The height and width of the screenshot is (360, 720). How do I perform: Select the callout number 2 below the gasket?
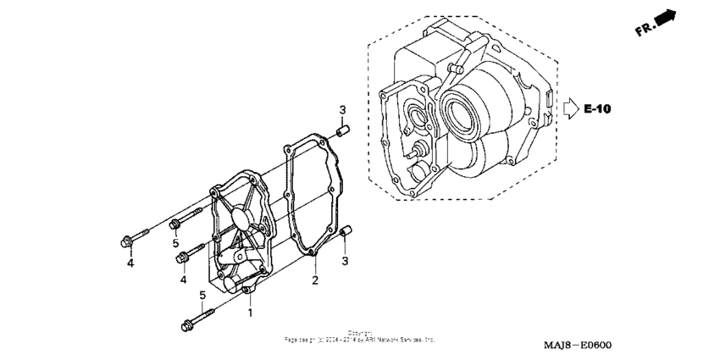(314, 280)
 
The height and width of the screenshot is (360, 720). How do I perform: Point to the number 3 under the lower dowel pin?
(345, 260)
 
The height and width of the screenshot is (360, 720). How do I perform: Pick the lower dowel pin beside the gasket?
(345, 233)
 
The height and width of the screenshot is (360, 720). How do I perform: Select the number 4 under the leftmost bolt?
(130, 263)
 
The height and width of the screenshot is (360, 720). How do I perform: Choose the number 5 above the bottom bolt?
(202, 295)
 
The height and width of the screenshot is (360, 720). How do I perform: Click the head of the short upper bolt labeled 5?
(175, 224)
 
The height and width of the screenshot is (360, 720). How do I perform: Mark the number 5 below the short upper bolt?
(176, 244)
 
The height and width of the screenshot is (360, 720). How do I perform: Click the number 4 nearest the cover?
(182, 280)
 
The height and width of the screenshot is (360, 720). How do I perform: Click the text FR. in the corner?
(646, 30)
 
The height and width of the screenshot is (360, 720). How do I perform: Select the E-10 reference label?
(598, 109)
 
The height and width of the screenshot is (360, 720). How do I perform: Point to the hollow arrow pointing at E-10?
(571, 108)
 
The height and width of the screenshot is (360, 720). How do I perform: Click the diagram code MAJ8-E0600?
(578, 346)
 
